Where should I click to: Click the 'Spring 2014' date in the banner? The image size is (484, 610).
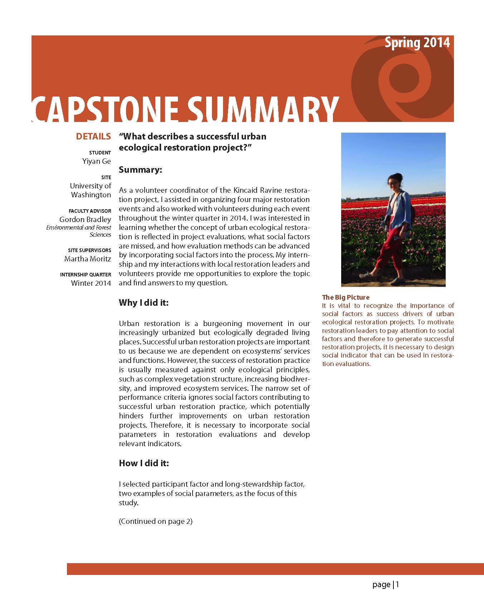tap(417, 43)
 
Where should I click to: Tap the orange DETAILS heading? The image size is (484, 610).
tap(93, 136)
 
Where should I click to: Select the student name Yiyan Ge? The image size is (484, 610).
tap(97, 161)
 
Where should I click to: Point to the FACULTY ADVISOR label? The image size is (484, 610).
tap(90, 211)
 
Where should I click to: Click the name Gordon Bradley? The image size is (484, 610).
tap(85, 220)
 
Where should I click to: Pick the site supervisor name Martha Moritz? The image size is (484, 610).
tap(88, 259)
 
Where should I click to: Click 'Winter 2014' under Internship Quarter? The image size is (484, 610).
tap(91, 283)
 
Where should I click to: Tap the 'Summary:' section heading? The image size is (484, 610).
tap(140, 169)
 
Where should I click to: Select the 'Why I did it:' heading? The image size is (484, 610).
tap(144, 302)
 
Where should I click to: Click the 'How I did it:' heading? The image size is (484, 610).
tap(144, 463)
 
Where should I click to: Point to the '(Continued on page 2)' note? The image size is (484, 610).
tap(155, 521)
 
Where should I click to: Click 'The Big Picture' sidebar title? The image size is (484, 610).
tap(345, 297)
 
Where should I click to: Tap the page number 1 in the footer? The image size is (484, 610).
tap(397, 585)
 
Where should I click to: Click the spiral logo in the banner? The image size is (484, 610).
tap(403, 80)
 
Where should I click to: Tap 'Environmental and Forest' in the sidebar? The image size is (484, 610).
tap(79, 227)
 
